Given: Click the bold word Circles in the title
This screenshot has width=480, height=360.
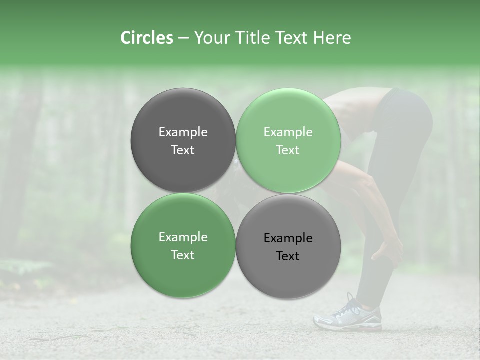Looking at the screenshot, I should [146, 38].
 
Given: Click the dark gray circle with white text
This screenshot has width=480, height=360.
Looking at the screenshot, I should [183, 140].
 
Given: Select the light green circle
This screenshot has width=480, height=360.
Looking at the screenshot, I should [288, 140].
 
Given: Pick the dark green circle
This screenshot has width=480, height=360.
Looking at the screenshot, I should [183, 245].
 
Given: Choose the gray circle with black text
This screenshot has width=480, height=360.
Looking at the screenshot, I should [288, 246].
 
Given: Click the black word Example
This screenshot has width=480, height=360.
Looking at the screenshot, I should [288, 238].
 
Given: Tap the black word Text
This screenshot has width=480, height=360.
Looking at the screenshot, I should [288, 256].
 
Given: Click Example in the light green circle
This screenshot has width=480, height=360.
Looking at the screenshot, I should [288, 132].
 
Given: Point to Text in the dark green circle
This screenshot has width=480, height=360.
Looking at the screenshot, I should [183, 255].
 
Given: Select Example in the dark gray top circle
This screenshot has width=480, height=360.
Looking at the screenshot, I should [183, 132].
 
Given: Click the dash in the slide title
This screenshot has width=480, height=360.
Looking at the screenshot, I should [183, 38].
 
